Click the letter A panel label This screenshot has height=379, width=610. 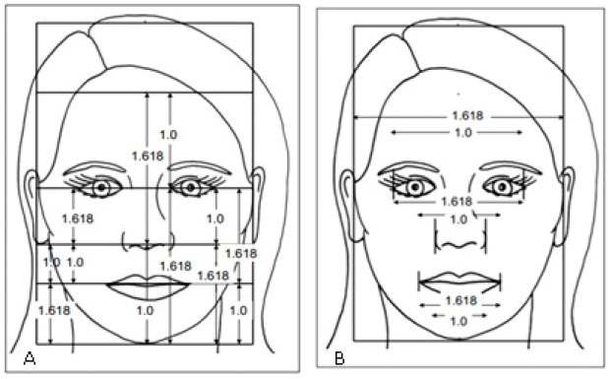[x=15, y=358]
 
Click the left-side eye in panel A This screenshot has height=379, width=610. [x=100, y=186]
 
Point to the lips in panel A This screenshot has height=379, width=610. [x=146, y=284]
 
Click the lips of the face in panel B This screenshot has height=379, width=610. [x=455, y=281]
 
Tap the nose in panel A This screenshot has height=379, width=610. [x=145, y=241]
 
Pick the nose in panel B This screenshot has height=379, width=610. [x=456, y=239]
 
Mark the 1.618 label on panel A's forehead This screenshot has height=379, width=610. [x=147, y=155]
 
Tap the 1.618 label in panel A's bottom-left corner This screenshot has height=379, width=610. [x=52, y=310]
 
